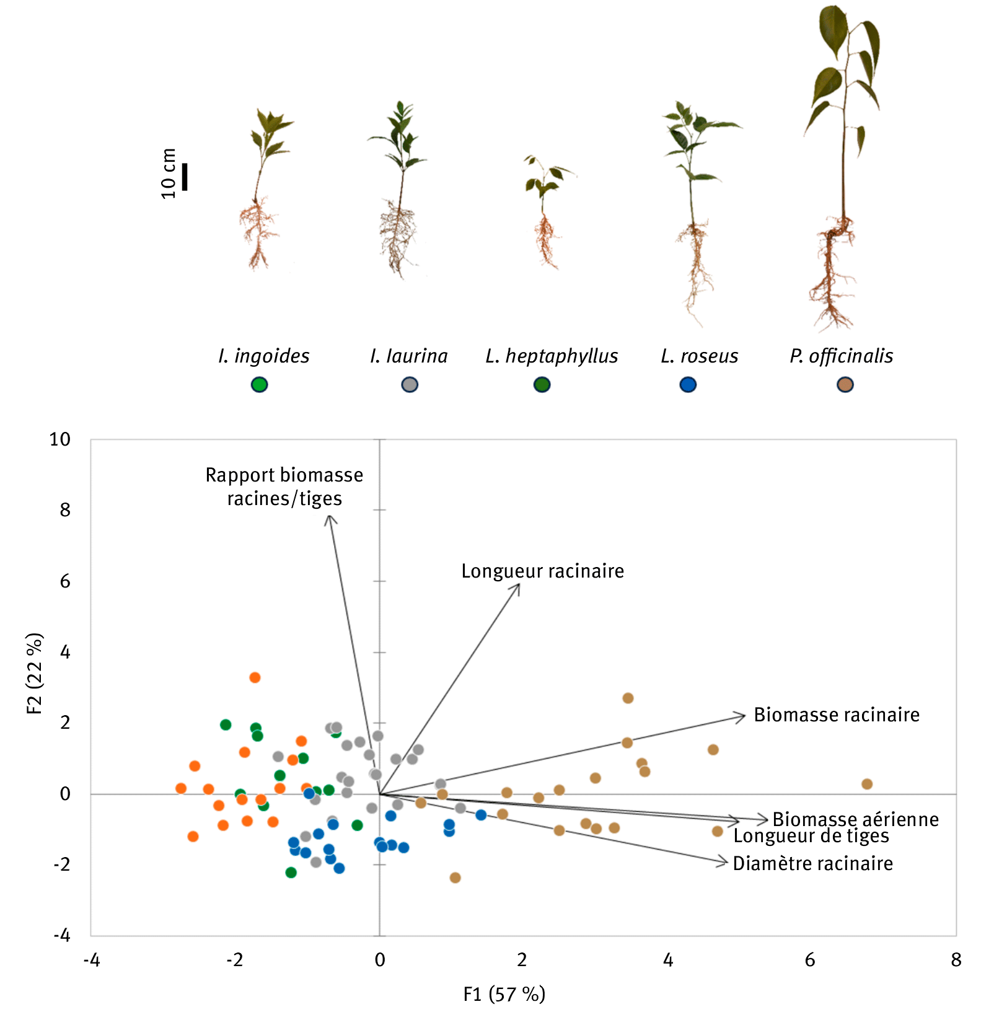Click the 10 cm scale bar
[185, 177]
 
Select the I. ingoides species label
[264, 356]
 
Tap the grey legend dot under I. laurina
[410, 385]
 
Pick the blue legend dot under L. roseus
[688, 385]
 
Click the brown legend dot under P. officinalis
[845, 385]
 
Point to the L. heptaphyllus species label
[552, 356]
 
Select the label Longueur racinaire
[542, 571]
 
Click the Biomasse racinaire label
[836, 715]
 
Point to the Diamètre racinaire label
[812, 864]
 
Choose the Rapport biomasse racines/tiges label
[284, 486]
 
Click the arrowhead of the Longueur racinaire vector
[518, 586]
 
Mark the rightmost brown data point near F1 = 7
[867, 784]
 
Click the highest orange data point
[255, 677]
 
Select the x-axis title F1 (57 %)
[504, 995]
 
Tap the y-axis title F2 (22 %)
[35, 674]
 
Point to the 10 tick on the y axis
[60, 439]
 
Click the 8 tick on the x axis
[956, 960]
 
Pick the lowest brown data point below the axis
[455, 878]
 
